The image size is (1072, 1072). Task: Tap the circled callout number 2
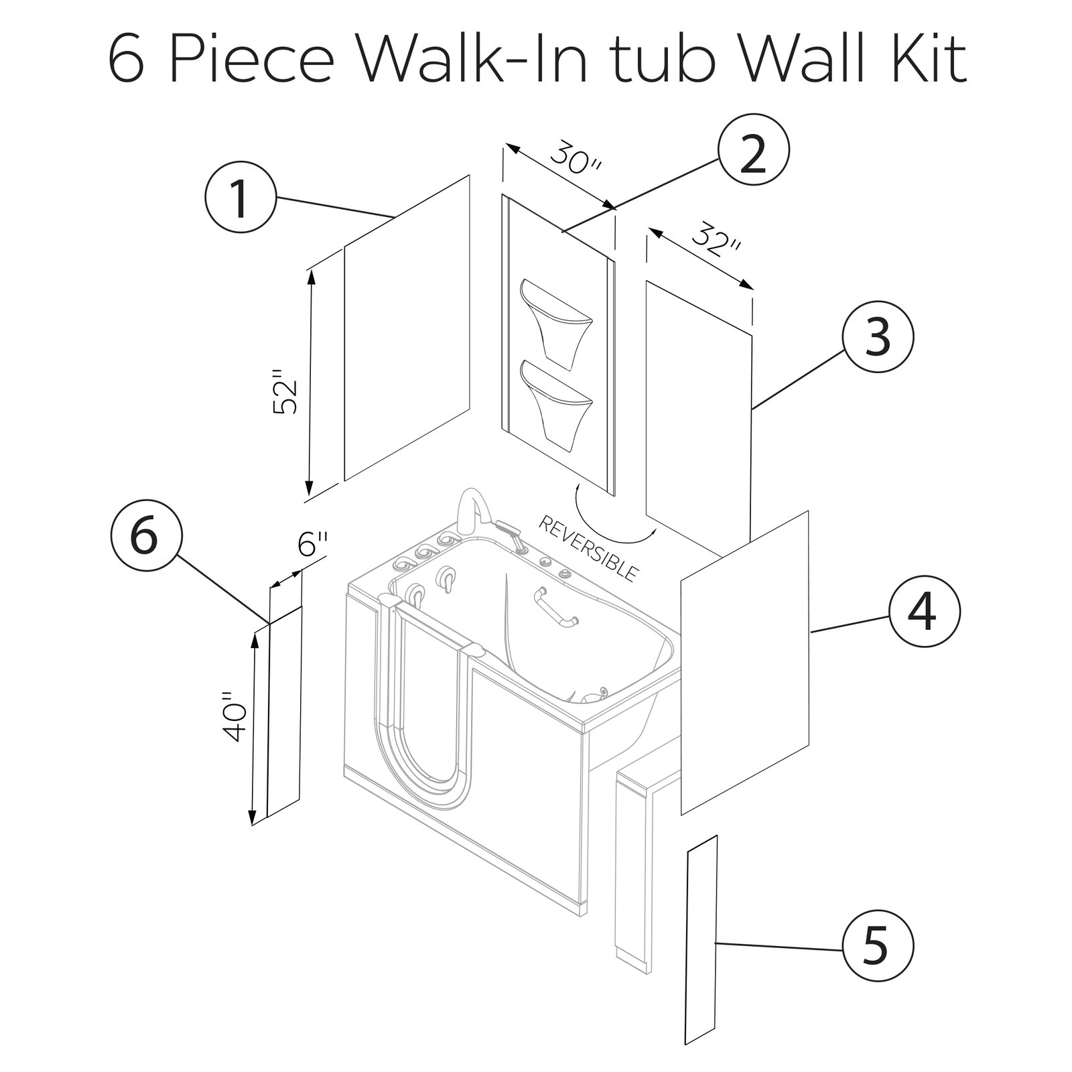[x=754, y=155]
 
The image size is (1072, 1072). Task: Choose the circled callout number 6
[x=145, y=537]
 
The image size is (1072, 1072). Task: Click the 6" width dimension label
[x=314, y=542]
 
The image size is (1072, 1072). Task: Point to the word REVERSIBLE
[x=588, y=549]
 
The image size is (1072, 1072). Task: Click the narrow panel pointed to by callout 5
[x=701, y=949]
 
